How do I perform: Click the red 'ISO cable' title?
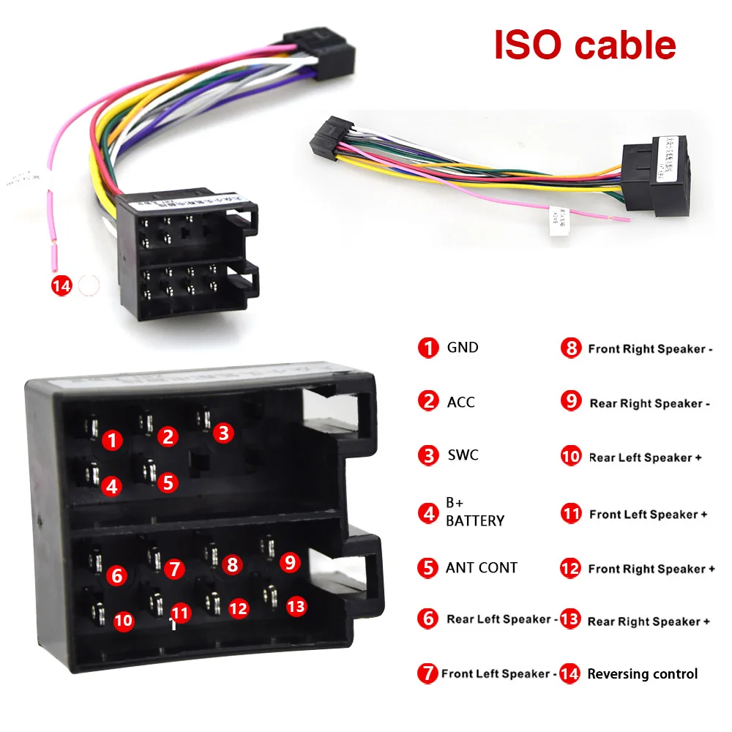pos(585,45)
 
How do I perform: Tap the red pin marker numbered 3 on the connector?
pos(224,433)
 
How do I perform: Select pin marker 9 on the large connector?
pos(291,562)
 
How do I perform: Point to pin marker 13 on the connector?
pos(296,606)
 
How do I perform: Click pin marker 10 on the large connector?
pos(124,621)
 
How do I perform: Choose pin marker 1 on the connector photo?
pos(112,440)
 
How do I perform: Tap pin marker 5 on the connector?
pos(168,482)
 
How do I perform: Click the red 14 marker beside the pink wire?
pos(61,285)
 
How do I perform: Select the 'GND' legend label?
pos(463,348)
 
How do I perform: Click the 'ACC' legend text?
pos(460,402)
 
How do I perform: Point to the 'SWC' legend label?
pos(463,455)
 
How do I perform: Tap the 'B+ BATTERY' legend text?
pos(474,512)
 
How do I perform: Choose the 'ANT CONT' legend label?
pos(481,567)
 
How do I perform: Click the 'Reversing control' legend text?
pos(643,674)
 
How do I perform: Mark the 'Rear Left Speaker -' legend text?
pos(502,619)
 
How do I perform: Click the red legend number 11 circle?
pos(571,514)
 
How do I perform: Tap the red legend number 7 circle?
pos(427,673)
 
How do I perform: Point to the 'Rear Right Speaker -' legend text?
pos(650,403)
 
